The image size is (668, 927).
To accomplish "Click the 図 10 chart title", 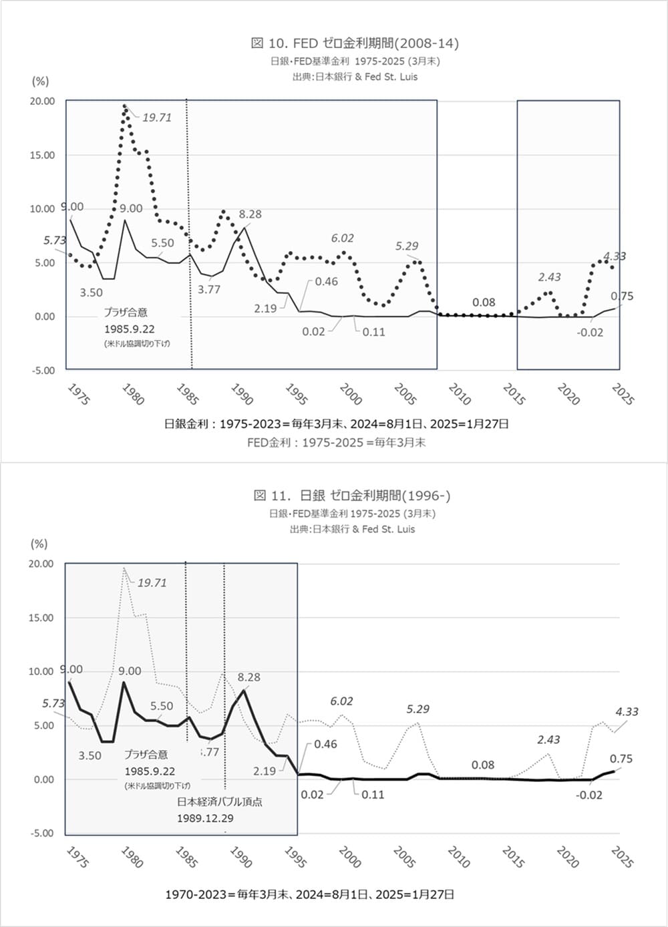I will pos(355,43).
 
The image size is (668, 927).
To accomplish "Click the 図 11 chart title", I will pos(352,496).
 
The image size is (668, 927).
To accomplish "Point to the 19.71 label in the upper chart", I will pos(157,118).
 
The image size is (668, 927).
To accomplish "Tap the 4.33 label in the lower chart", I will pos(627,712).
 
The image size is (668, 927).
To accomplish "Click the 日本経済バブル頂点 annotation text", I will pos(220,802).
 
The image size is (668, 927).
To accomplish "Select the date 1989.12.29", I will pos(205,818).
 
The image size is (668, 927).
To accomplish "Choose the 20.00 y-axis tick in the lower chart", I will pos(41,564).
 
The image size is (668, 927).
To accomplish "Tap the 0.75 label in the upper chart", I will pos(622,297).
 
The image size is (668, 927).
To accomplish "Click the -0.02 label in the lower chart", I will pos(589,795).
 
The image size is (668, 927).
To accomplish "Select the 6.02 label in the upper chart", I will pos(343,238).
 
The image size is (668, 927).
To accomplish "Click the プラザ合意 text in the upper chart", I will pos(126,312).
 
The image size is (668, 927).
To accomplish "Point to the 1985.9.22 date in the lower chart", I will pos(150,771).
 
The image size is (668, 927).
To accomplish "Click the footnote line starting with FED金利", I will pos(336,442).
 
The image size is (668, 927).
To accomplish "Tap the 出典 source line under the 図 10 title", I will pos(355,77).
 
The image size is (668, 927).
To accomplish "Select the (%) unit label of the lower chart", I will pos(39,544).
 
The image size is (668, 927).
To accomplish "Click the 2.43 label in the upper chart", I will pos(550,277).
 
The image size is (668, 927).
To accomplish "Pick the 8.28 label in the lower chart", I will pos(249,677).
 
